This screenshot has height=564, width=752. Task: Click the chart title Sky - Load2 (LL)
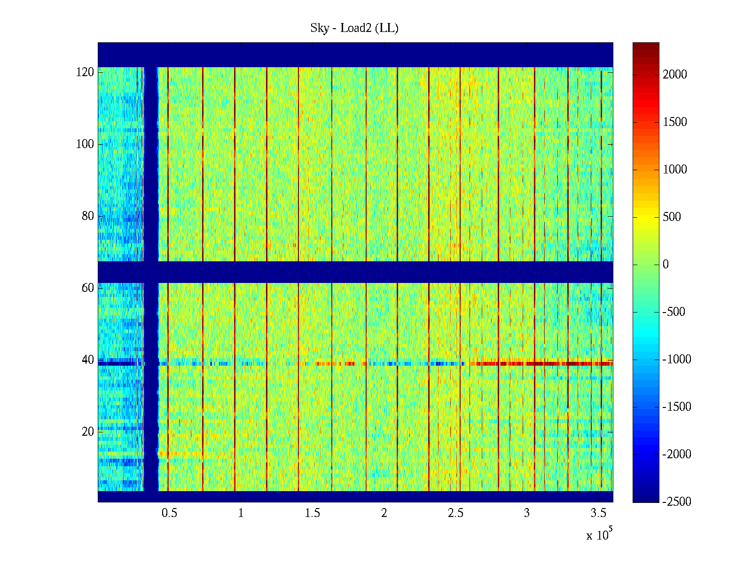pos(354,28)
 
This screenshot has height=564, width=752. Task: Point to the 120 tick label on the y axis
pos(85,72)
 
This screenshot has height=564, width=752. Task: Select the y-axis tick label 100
pos(85,144)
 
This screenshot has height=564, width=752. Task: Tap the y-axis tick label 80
pos(88,216)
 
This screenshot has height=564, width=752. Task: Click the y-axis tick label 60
pos(88,288)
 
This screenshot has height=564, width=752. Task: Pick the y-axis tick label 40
pos(88,360)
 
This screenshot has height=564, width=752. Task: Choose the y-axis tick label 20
pos(88,432)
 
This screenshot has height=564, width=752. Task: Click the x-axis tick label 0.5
pos(169,513)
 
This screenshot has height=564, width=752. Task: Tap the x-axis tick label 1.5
pos(312,513)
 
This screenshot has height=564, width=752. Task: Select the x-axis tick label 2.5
pos(455,513)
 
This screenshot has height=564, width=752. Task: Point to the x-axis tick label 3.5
pos(598,513)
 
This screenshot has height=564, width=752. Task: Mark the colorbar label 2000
pos(675,74)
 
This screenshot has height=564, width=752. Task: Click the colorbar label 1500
pos(675,122)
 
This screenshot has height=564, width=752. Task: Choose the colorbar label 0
pos(666,265)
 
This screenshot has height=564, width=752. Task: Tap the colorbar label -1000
pos(677,360)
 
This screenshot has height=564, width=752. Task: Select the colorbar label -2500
pos(677,501)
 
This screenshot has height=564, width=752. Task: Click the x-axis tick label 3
pos(527,513)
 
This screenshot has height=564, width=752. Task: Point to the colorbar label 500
pos(672,217)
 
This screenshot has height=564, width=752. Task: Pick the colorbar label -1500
pos(677,407)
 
